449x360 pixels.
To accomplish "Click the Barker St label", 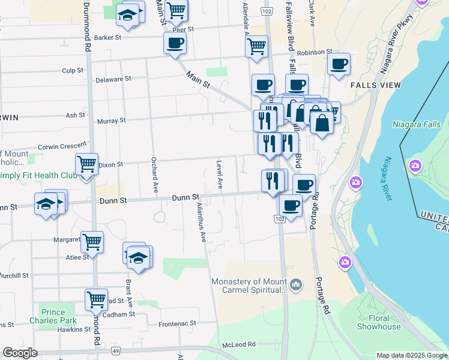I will coord(108,37).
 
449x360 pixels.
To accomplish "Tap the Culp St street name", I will coord(73,71).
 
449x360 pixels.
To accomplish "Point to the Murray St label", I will coord(111,121).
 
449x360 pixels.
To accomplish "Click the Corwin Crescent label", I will coord(62,146).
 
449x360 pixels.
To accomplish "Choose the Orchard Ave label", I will coord(154,175).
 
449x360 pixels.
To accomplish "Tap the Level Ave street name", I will coord(220,175).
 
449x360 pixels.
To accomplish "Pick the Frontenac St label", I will coord(177,323).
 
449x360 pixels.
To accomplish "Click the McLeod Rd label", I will coord(239,344).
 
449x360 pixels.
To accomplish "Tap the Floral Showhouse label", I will coord(379,322).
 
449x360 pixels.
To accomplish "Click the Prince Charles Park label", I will coord(52,316).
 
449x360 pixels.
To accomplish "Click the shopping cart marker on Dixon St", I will coord(86,163).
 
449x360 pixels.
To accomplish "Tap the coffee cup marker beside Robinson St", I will coord(339,63).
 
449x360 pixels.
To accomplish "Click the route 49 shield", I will coord(116,350).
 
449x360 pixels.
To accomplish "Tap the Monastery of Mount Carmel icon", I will coord(295,283).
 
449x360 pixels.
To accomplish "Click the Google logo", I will coord(20,353).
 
